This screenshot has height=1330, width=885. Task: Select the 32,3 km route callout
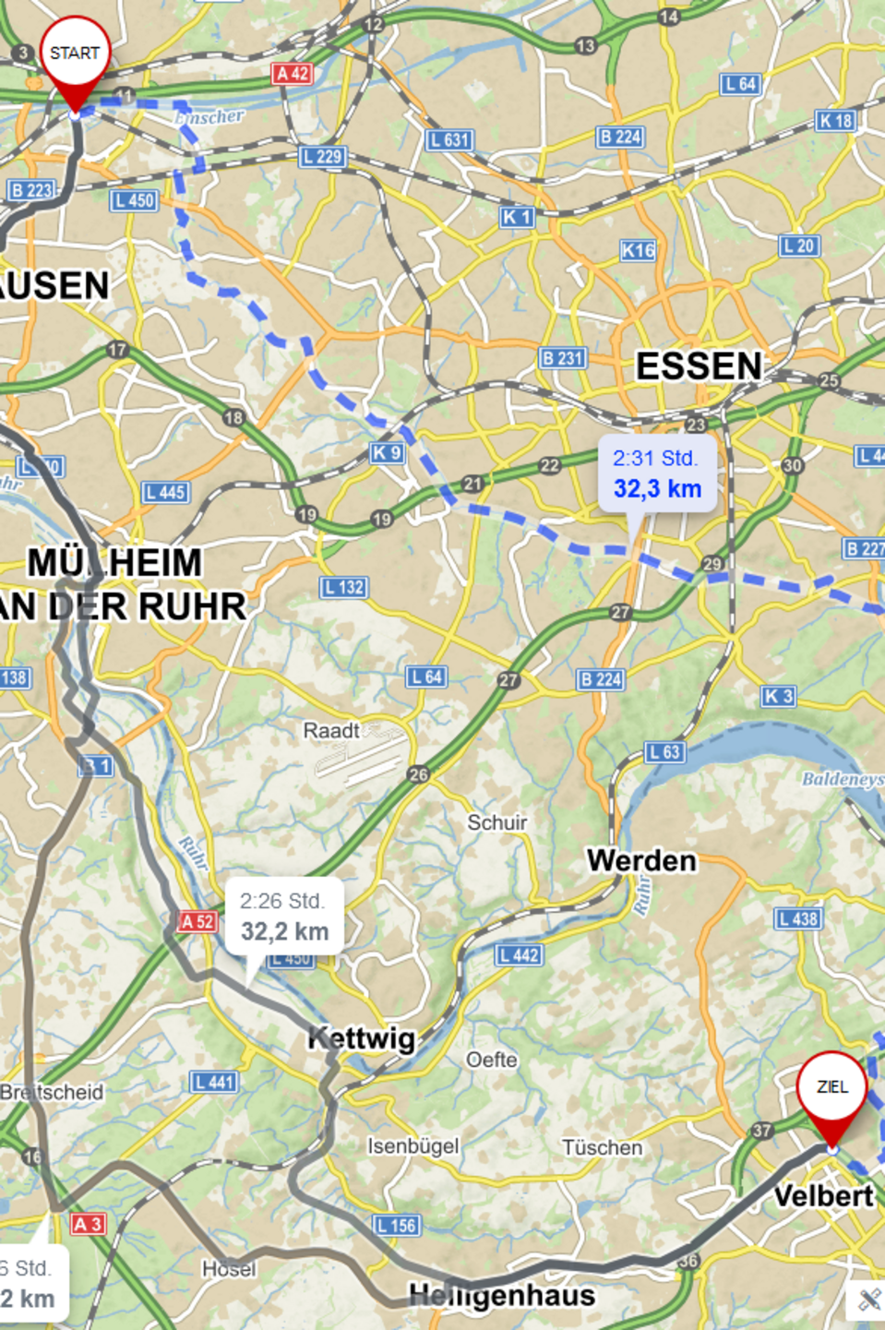[x=657, y=474]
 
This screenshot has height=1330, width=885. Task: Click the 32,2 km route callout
[x=284, y=917]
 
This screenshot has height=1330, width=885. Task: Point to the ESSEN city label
[x=699, y=366]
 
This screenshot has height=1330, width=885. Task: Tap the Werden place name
[x=642, y=861]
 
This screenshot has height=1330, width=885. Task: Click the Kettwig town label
[x=362, y=1038]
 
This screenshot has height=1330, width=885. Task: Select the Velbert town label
[x=823, y=1196]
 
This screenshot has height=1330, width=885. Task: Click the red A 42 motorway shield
[x=292, y=74]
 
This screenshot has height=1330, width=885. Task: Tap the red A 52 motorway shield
[x=197, y=921]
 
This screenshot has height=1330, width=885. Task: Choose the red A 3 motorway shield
[x=88, y=1224]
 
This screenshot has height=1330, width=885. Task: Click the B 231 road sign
[x=563, y=358]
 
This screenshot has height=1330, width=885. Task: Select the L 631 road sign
[x=449, y=140]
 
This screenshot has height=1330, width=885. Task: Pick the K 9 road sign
[x=387, y=453]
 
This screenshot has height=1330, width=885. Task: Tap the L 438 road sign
[x=797, y=918]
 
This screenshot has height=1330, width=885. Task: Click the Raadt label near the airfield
[x=330, y=731]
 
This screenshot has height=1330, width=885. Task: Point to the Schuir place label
[x=497, y=822]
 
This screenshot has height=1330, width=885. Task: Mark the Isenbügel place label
[x=413, y=1146]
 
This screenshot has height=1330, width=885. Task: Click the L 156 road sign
[x=398, y=1226]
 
